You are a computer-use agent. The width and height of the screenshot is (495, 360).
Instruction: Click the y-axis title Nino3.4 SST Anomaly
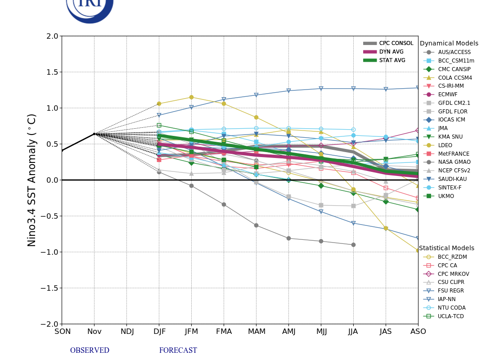32,180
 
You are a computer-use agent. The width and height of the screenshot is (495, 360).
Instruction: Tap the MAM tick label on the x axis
256,332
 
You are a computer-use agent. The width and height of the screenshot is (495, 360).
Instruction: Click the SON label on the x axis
63,332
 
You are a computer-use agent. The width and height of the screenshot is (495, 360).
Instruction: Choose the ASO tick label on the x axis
418,332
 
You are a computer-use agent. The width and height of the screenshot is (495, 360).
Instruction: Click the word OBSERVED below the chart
90,351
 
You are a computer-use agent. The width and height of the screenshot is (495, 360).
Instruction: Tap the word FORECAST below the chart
178,351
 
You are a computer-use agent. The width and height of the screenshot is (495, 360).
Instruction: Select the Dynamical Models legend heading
449,44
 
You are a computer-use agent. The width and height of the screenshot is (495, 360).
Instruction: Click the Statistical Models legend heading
446,248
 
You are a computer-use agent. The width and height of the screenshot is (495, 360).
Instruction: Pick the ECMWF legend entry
447,94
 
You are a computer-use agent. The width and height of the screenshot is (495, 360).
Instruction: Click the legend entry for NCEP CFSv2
454,171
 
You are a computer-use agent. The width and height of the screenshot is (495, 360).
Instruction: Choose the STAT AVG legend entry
392,60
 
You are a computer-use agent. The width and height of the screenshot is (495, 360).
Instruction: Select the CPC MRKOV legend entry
453,274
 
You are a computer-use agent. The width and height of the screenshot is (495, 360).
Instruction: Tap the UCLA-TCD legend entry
450,316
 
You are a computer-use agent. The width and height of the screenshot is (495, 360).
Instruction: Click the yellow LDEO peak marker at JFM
191,97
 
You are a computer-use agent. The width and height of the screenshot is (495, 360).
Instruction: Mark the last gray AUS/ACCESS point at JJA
353,245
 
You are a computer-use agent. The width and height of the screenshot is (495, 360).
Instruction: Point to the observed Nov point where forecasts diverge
94,134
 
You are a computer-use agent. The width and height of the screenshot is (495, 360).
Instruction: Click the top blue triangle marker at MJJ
321,89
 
